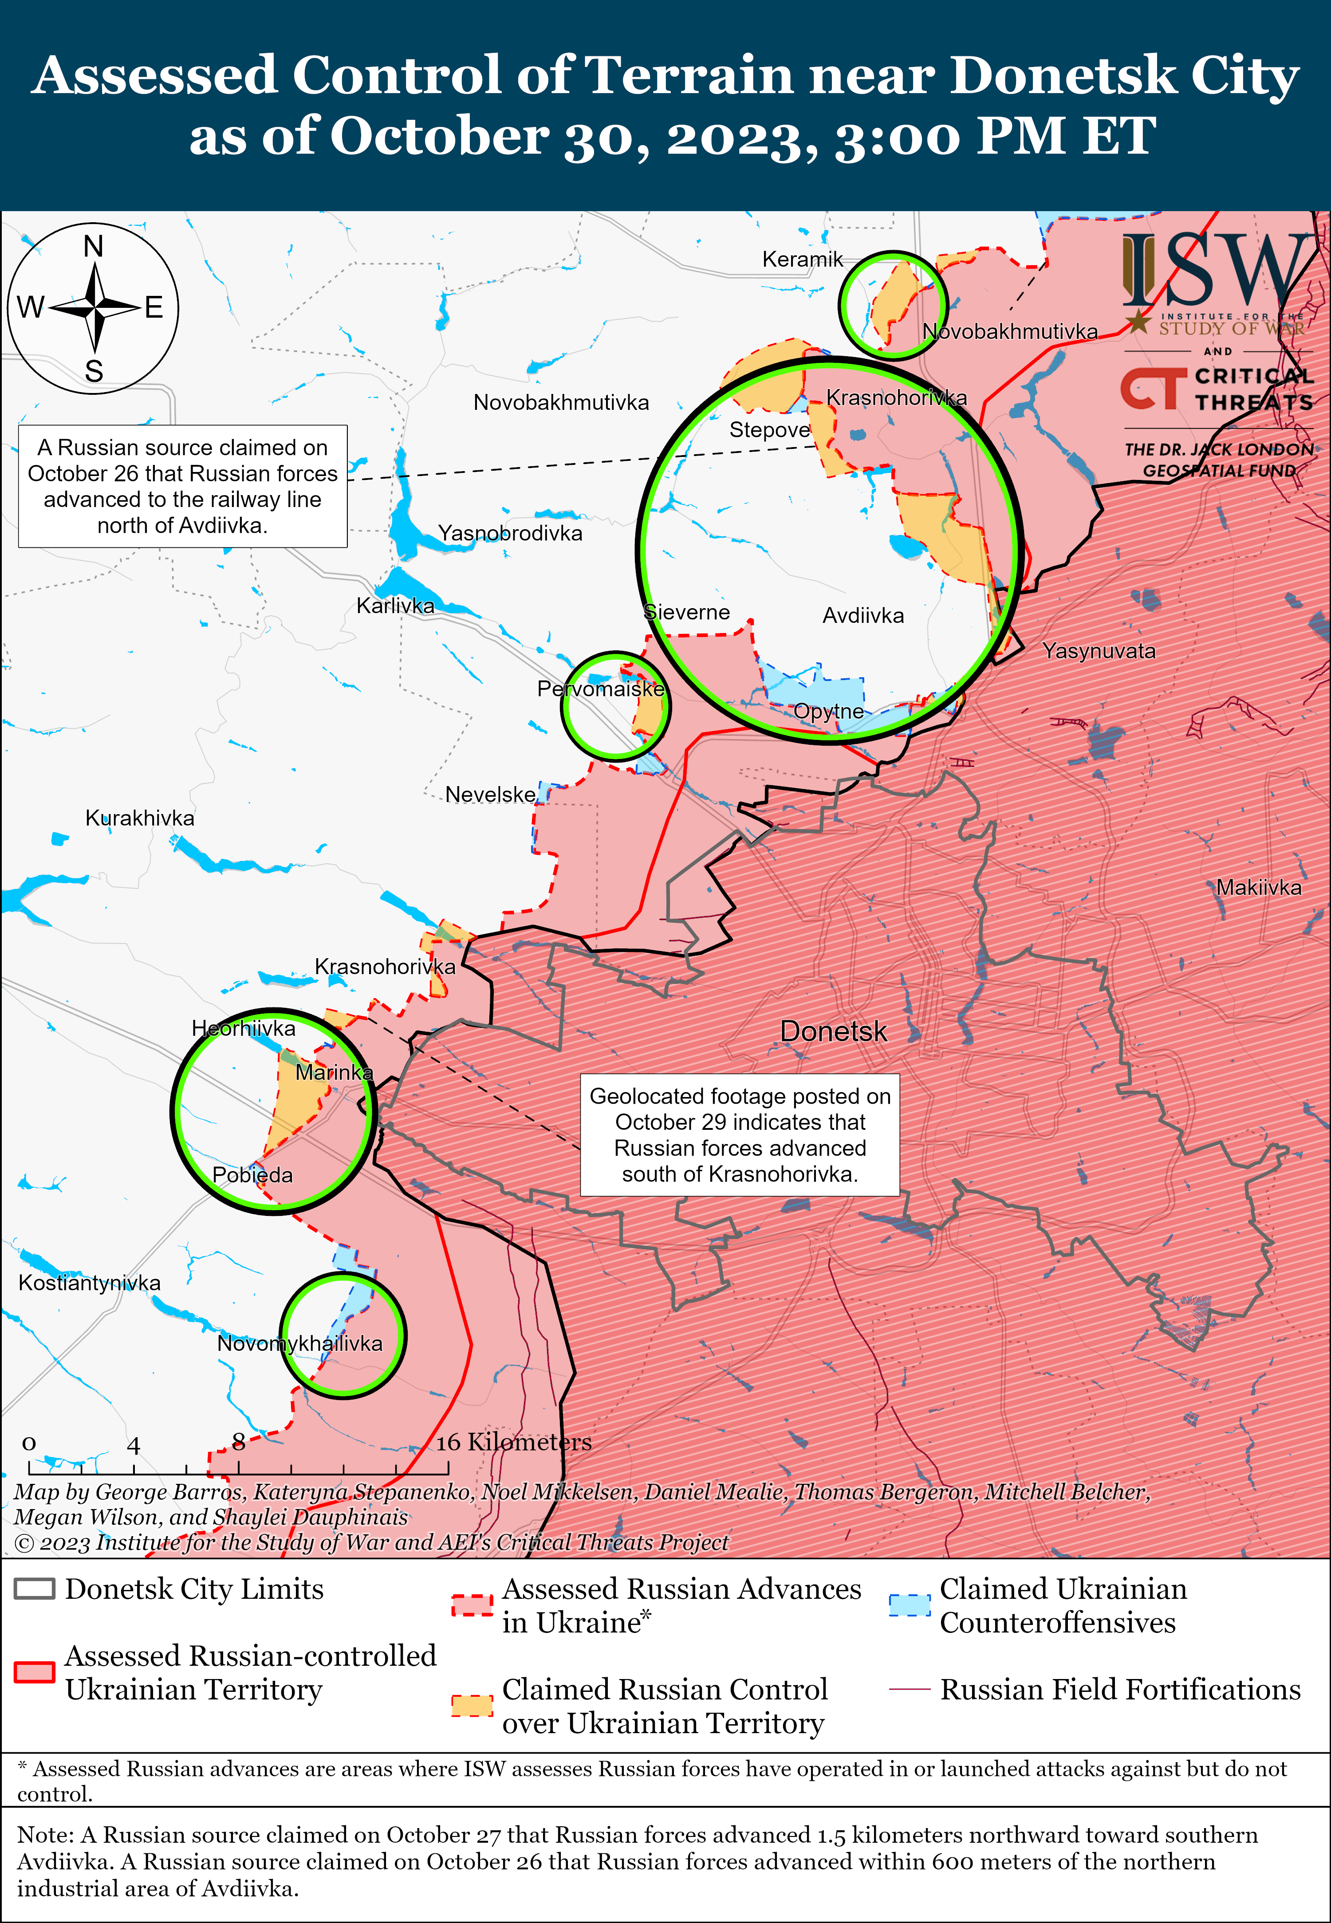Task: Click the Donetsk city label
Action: [x=833, y=1031]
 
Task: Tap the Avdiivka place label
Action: [x=863, y=615]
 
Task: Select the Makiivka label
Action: [x=1258, y=887]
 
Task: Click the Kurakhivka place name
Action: [x=140, y=818]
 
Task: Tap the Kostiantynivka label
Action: [x=89, y=1282]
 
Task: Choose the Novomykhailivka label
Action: [x=299, y=1343]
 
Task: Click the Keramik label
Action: [x=802, y=260]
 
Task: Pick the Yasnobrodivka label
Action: [x=510, y=533]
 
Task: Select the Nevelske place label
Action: [x=490, y=795]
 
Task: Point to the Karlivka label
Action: [x=395, y=606]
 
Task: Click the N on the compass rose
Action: [x=94, y=247]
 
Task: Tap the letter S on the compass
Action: [x=94, y=371]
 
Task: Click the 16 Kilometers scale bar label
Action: [x=514, y=1442]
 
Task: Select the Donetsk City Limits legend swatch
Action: [x=35, y=1589]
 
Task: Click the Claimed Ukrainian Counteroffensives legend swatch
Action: [x=909, y=1605]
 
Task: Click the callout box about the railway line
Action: [x=183, y=486]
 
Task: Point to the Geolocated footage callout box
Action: [x=740, y=1135]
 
